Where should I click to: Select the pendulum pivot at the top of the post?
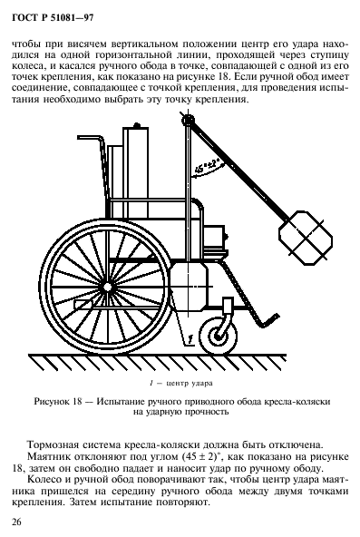coord(187,120)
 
